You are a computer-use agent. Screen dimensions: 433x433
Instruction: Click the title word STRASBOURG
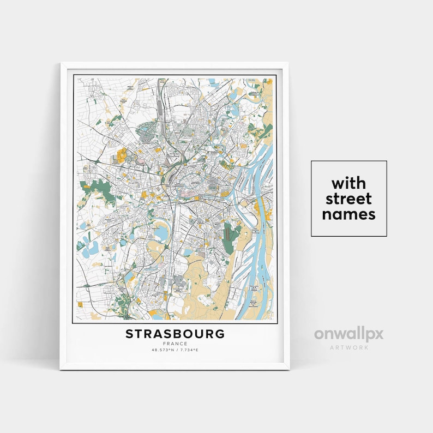tap(175, 334)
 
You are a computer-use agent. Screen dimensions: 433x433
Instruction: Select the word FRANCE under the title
tap(175, 344)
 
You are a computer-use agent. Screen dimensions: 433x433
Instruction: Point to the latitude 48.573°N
tap(162, 350)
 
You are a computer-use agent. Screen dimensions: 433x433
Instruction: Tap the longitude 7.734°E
tap(188, 350)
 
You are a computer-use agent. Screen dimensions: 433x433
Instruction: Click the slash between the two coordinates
tap(176, 350)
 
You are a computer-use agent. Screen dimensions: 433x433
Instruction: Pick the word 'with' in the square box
tap(349, 182)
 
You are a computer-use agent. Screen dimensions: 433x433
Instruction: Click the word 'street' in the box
tap(349, 198)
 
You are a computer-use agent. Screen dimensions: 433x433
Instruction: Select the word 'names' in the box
tap(349, 214)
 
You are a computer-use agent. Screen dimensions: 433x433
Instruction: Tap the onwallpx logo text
tap(348, 334)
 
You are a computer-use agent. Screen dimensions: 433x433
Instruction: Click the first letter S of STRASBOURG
tap(130, 334)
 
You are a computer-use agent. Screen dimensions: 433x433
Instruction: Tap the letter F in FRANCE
tap(164, 344)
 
